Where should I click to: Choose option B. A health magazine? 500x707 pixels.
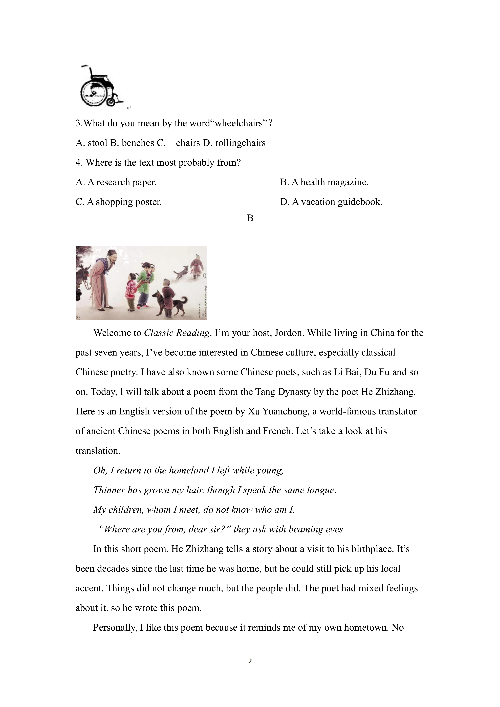[x=324, y=182]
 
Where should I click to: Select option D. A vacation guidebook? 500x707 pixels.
[x=331, y=202]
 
